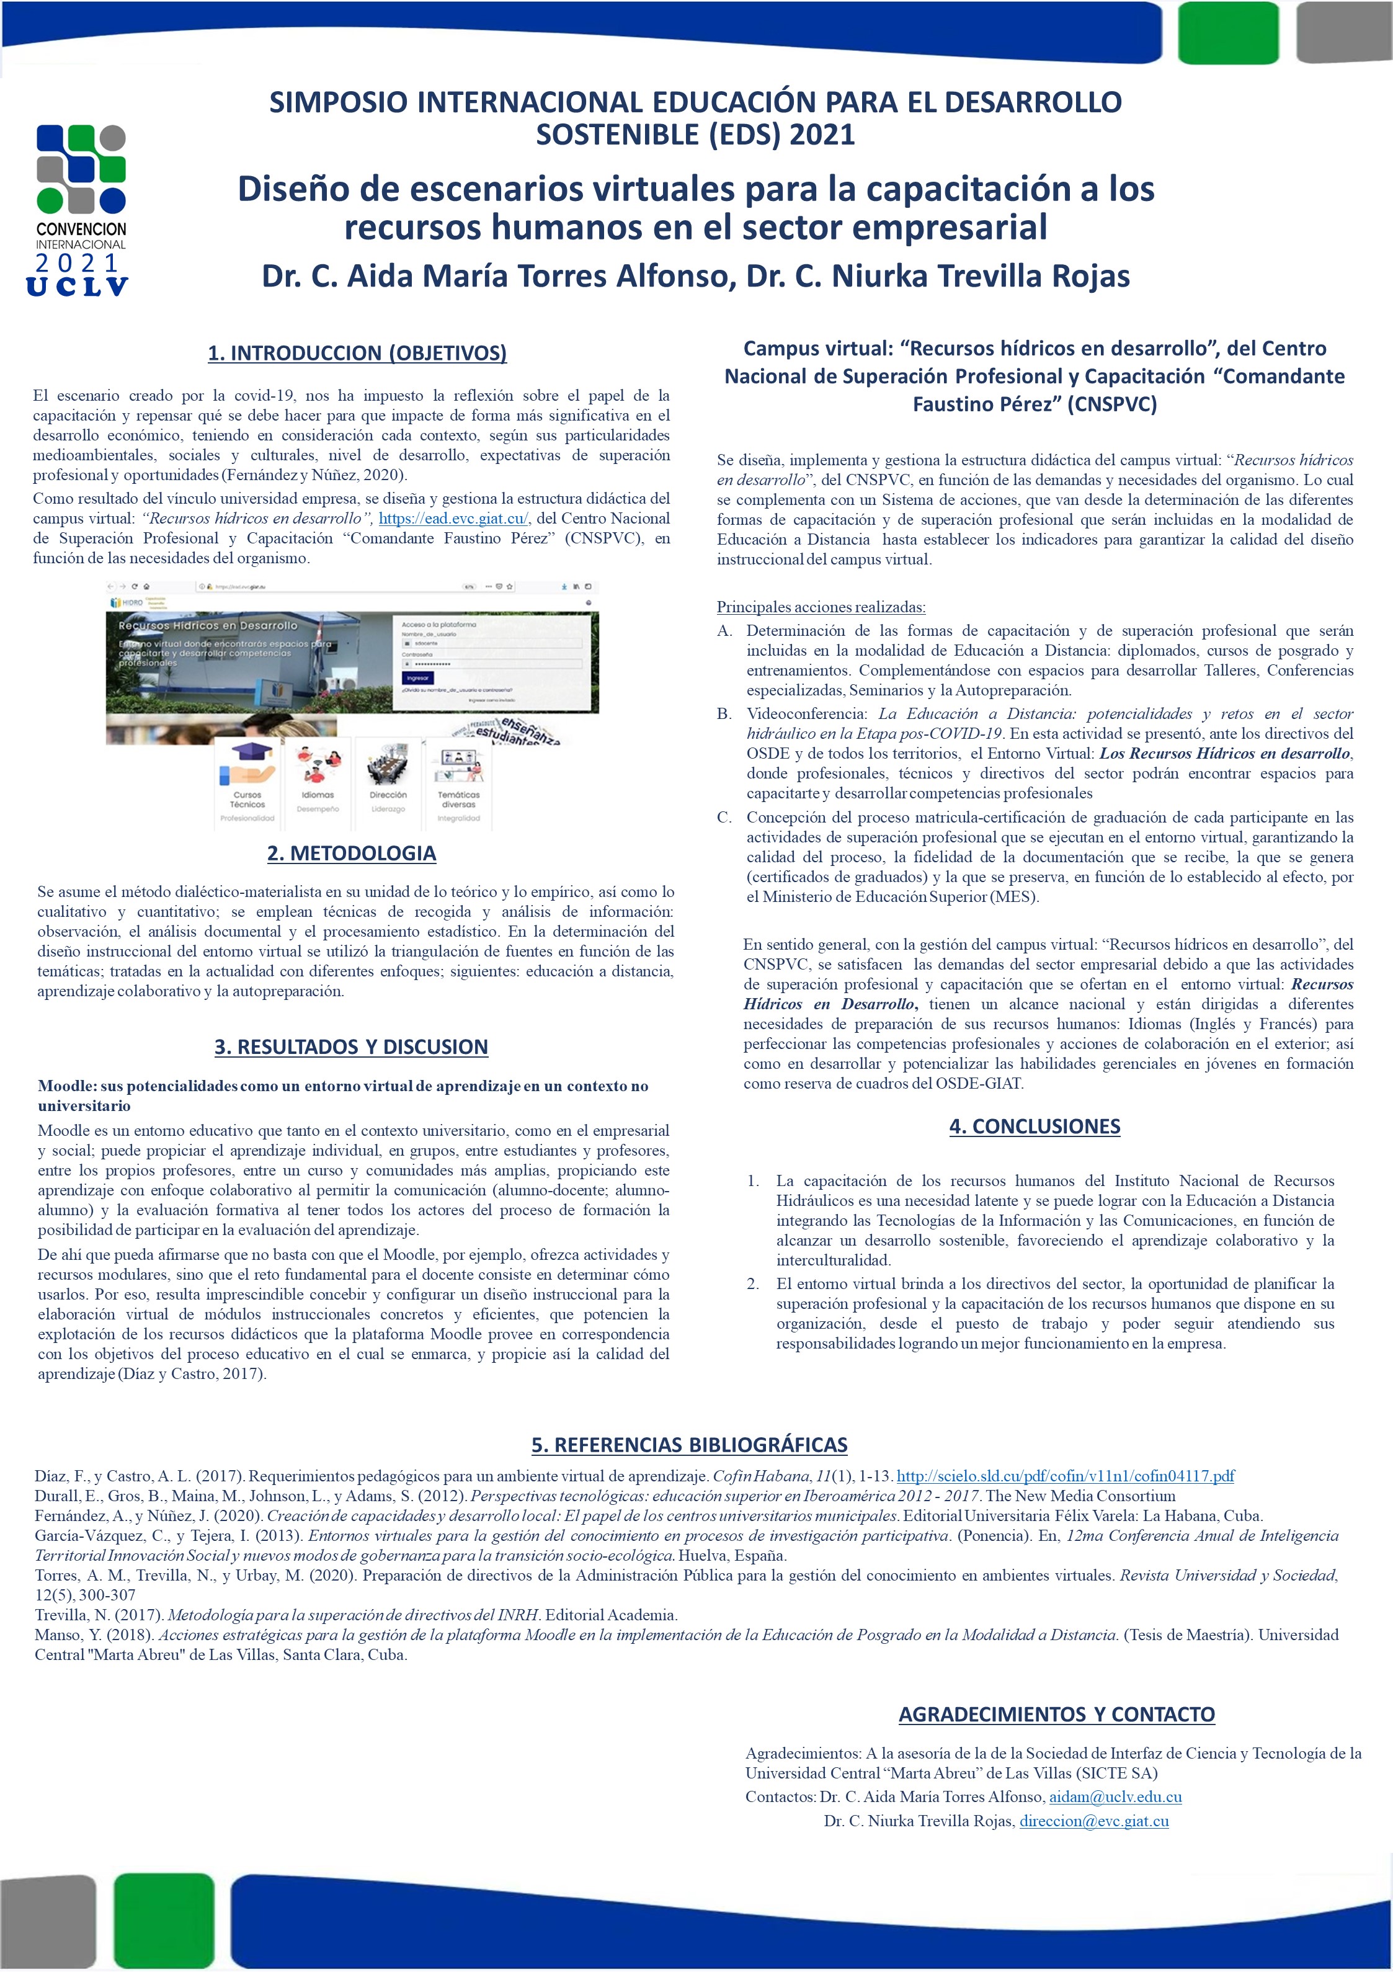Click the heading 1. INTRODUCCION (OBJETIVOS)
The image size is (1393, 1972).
[x=357, y=353]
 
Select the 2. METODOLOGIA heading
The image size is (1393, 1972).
[x=351, y=853]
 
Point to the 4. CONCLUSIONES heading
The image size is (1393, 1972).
[x=1034, y=1126]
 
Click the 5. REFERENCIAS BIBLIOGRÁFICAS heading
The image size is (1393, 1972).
[x=689, y=1445]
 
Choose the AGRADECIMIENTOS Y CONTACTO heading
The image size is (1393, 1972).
[x=1056, y=1715]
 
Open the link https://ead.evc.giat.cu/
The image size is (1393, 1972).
[x=453, y=519]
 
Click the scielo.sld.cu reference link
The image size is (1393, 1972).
[x=1065, y=1476]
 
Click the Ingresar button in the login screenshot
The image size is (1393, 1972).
[x=417, y=677]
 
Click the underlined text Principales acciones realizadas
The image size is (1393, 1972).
[x=821, y=607]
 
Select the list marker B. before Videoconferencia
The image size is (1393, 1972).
[x=724, y=714]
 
